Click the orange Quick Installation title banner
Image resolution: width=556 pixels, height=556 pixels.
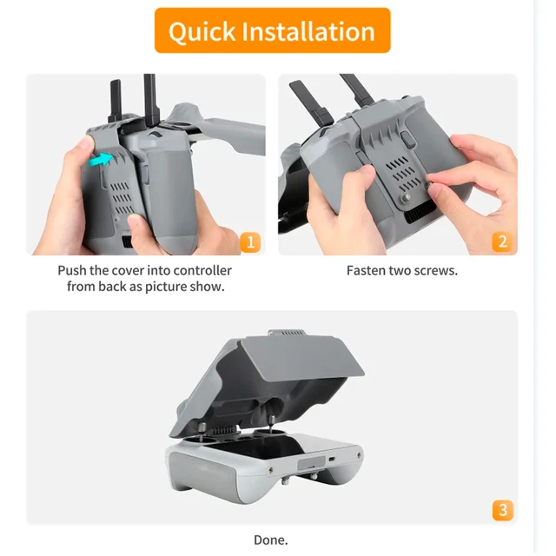pos(272,31)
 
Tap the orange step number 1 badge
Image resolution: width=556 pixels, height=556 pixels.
pos(249,242)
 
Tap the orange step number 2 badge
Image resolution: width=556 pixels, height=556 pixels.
pos(501,242)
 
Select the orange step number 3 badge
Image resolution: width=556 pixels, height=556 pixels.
pos(501,509)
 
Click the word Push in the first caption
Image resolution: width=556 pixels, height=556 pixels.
pos(74,271)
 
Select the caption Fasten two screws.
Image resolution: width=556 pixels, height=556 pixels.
pos(401,271)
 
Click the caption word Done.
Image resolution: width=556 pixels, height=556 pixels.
pos(270,539)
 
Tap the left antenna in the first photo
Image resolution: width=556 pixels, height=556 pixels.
pos(115,103)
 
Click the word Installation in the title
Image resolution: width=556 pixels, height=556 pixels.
pos(309,31)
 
